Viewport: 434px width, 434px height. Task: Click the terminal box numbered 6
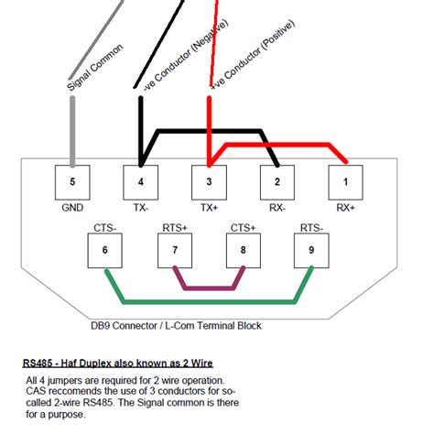tap(105, 249)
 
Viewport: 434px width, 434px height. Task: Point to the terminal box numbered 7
tap(173, 249)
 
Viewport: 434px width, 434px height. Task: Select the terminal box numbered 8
tap(242, 249)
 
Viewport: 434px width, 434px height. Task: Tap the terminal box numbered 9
tap(310, 249)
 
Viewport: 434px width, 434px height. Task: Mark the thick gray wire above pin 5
tap(72, 128)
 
